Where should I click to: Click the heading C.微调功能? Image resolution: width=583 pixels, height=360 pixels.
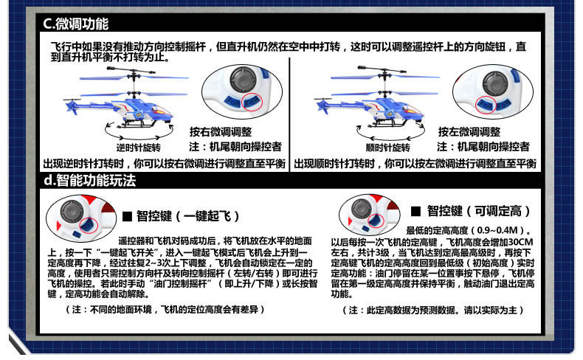[x=75, y=24]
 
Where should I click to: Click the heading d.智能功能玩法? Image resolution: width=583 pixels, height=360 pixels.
[x=89, y=181]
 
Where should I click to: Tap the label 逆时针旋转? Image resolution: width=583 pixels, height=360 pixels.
[x=138, y=148]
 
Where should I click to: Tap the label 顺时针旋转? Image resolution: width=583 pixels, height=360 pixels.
[x=387, y=148]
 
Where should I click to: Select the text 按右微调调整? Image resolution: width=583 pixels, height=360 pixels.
[x=221, y=132]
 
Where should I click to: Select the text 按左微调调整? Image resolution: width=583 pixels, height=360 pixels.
[x=469, y=132]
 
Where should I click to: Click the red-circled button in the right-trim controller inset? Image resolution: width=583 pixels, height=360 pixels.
[x=252, y=101]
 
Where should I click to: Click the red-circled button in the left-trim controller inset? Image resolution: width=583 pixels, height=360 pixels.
[x=486, y=105]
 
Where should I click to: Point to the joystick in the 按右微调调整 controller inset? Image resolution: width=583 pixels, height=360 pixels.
[x=242, y=80]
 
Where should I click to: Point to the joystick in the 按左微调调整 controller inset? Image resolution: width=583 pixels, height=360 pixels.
[x=495, y=83]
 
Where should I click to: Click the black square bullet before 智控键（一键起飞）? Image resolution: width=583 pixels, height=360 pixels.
[x=127, y=216]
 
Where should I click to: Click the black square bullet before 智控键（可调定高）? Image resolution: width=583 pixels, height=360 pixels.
[x=415, y=212]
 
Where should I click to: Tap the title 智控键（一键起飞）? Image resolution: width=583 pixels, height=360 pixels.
[x=187, y=216]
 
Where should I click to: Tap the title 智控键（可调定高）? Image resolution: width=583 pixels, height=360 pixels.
[x=478, y=212]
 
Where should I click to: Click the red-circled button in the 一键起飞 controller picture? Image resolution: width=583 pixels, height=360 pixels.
[x=89, y=225]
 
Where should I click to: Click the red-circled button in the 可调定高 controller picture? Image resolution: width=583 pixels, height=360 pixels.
[x=376, y=221]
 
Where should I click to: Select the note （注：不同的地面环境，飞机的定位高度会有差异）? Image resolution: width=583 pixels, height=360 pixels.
[x=165, y=310]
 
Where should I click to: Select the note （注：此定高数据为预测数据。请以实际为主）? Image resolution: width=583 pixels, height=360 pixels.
[x=432, y=311]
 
